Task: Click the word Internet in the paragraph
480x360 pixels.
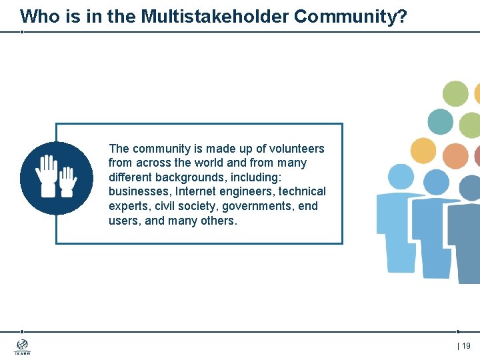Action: pos(198,191)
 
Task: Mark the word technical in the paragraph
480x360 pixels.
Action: pos(302,191)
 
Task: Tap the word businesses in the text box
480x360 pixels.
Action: pos(139,191)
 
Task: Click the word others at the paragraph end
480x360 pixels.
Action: pos(218,221)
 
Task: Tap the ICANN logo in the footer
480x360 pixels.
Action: pos(23,347)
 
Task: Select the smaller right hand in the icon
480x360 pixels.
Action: pos(67,181)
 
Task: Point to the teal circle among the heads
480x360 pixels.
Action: pos(440,122)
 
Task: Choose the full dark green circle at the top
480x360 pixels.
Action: pos(455,94)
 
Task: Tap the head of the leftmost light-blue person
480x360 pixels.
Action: pos(401,177)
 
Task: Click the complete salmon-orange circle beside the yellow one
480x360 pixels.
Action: pos(455,156)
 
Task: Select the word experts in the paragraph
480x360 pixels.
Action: pos(127,206)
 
